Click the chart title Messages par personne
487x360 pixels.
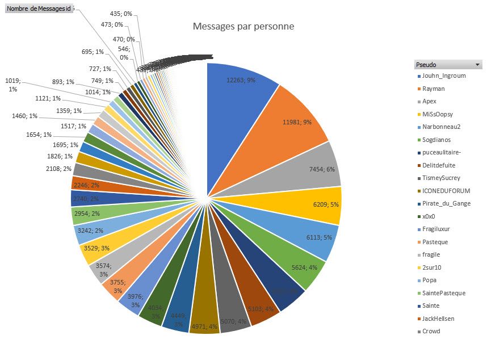(244, 27)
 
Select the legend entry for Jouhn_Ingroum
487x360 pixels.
(444, 76)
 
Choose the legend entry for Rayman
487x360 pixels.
(434, 89)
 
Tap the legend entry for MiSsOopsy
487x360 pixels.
(438, 114)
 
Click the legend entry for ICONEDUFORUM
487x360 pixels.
(446, 191)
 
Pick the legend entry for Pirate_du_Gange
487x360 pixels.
(446, 203)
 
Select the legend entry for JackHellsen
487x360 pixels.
(438, 319)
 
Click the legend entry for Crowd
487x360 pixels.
(431, 331)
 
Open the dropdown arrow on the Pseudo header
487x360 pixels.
(477, 65)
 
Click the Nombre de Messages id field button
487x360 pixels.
(39, 9)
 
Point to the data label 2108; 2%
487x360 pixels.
(58, 168)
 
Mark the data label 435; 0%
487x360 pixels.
(120, 13)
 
